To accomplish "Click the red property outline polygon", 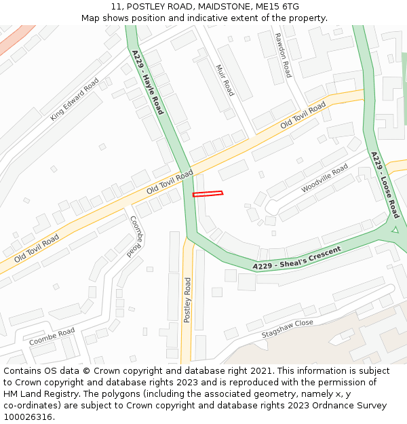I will [x=208, y=194].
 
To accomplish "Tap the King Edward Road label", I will [x=74, y=99].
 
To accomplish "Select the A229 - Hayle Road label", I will [x=148, y=81].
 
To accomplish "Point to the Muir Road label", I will [x=225, y=80].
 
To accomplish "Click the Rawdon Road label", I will [x=283, y=55].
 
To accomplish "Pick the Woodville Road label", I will [x=324, y=178].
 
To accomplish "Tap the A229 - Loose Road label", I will [x=385, y=185].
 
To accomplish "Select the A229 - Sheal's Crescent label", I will [x=296, y=258].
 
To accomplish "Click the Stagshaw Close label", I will [x=288, y=329].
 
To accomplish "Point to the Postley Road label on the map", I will [x=188, y=300].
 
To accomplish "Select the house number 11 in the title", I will [x=115, y=7].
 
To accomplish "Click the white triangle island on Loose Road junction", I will [x=394, y=230].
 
